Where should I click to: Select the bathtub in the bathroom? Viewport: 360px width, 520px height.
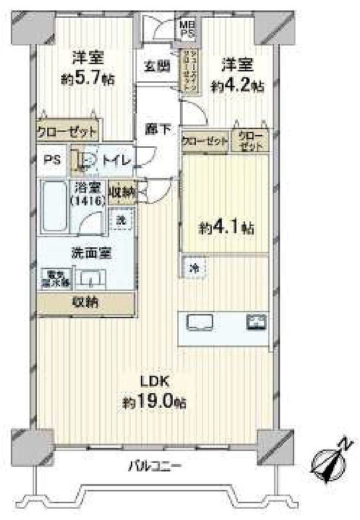(x=54, y=207)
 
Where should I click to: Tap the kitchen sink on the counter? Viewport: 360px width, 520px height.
(x=200, y=323)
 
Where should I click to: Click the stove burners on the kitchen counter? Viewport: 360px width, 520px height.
(x=256, y=322)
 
